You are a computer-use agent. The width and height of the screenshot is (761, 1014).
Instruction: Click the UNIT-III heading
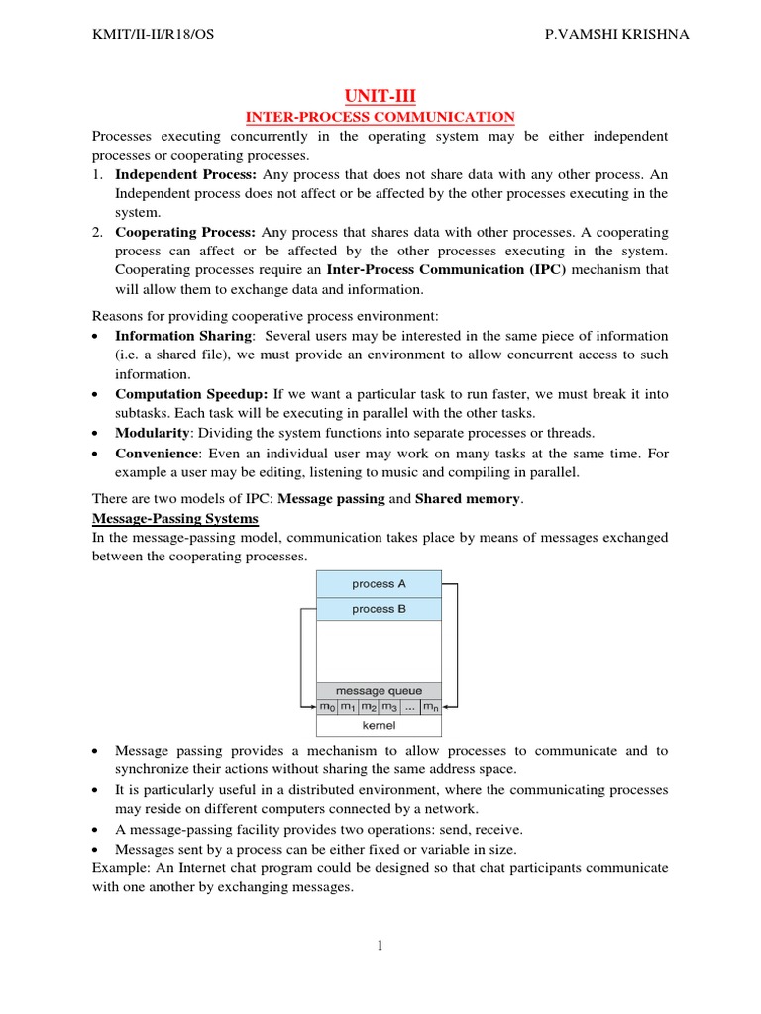pos(380,96)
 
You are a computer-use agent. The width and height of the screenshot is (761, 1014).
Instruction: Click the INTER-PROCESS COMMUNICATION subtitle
pos(380,117)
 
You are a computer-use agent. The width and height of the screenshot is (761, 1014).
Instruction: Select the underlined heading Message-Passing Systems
pos(174,518)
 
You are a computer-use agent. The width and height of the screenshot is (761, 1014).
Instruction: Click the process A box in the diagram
pos(379,584)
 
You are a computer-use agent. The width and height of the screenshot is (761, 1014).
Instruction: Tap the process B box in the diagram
pos(379,609)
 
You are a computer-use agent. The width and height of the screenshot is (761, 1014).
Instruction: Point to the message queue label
pos(379,690)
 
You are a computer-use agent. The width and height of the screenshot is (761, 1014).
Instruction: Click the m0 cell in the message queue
pos(327,707)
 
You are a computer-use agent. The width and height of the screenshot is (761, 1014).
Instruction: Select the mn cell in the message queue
pos(430,707)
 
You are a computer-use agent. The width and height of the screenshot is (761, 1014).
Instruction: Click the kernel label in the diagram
pos(379,725)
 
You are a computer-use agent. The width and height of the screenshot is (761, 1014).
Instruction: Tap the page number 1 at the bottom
pos(380,946)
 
